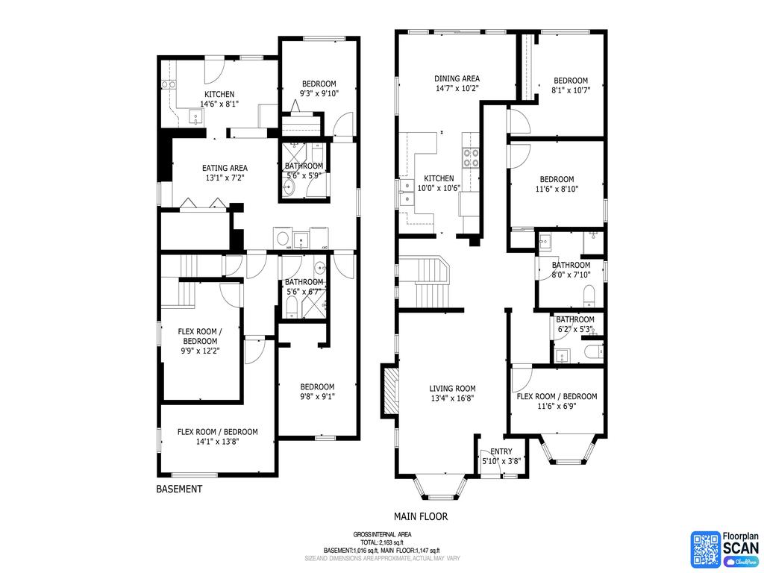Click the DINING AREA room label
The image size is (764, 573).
[x=457, y=78]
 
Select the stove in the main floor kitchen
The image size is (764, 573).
[x=472, y=157]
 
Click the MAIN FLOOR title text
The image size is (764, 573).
[x=421, y=516]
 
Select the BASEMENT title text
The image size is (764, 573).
[x=179, y=489]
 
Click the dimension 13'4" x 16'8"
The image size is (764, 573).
[x=452, y=398]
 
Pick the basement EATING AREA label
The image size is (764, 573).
[x=225, y=168]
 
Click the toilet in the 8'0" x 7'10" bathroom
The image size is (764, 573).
[x=588, y=292]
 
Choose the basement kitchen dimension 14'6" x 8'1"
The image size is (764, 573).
[x=219, y=104]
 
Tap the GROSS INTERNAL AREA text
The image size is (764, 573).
[x=382, y=535]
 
